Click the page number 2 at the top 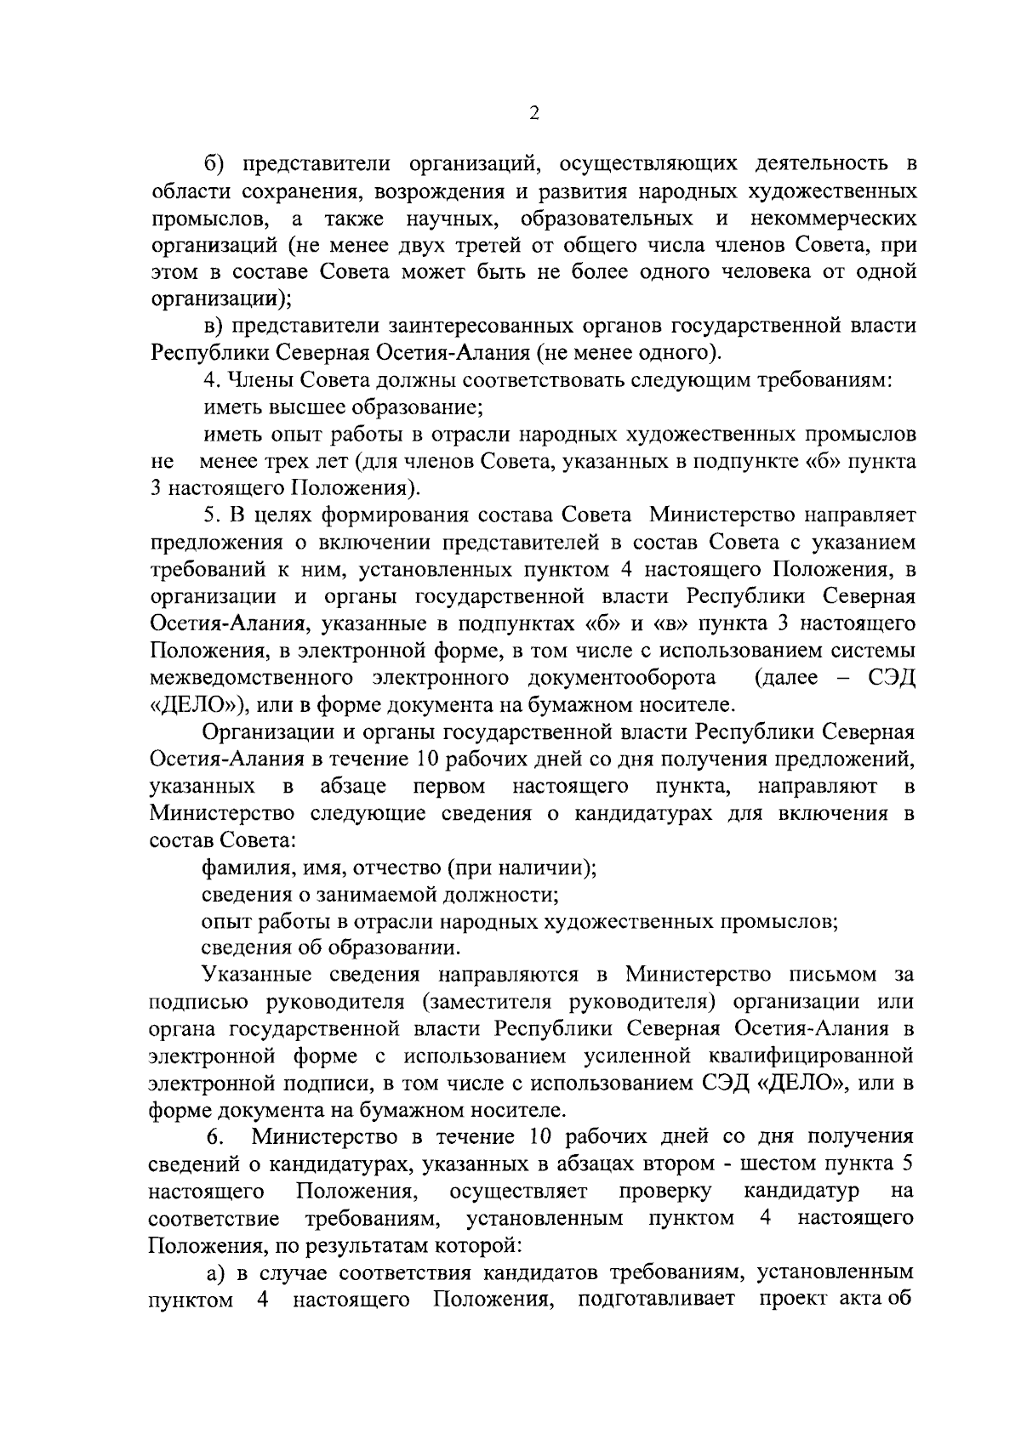[533, 114]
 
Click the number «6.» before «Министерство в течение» [215, 1138]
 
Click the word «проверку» [666, 1191]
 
